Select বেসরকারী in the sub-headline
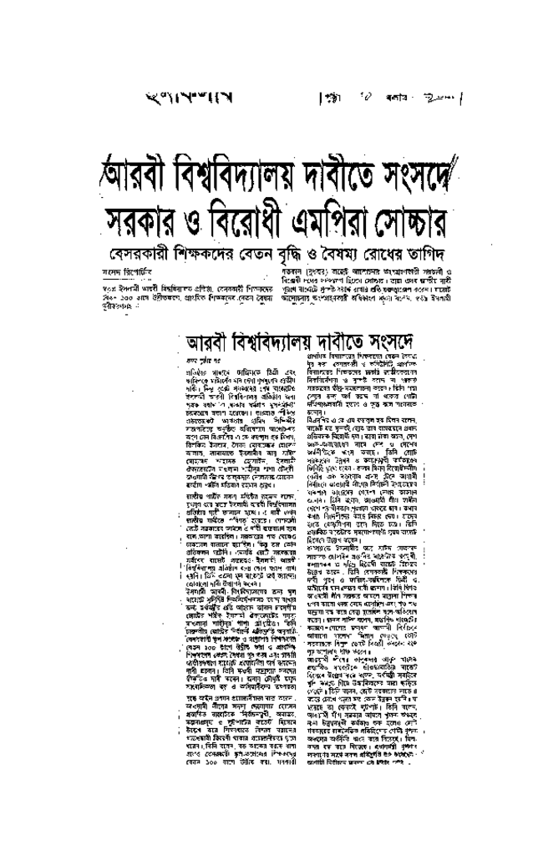pyautogui.click(x=141, y=251)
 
